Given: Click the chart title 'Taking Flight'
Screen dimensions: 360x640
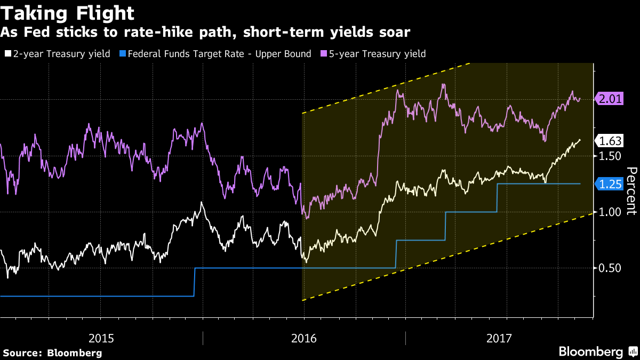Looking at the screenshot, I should pos(67,13).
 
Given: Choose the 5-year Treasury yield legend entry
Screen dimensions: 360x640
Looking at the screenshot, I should pos(376,53).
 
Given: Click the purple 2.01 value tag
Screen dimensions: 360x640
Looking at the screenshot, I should pos(610,99).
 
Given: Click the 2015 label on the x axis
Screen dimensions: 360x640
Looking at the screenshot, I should pos(101,338).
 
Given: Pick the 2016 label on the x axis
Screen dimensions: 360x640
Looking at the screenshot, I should pos(304,338).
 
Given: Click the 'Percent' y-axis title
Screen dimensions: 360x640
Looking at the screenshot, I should pos(631,190).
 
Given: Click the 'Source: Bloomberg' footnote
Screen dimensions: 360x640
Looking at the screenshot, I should pos(52,353).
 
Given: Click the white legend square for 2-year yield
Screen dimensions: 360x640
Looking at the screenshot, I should pos(7,54).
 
